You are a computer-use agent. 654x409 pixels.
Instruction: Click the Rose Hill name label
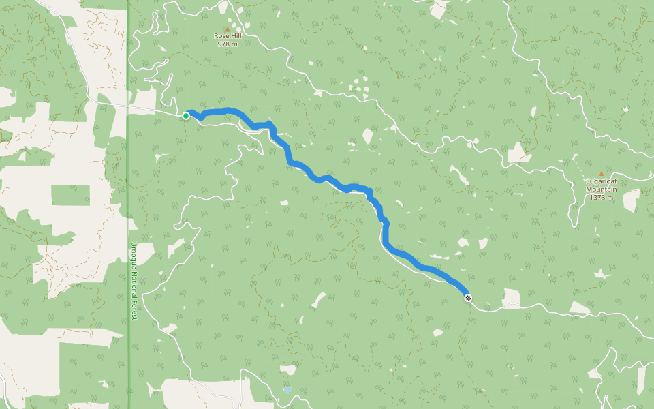tap(227, 36)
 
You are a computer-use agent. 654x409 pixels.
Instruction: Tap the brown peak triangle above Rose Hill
tap(227, 29)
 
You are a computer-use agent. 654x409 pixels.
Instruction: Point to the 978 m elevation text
tap(227, 44)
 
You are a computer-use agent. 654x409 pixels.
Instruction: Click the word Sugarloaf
tap(601, 182)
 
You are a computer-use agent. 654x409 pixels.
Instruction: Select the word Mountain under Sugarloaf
tap(601, 190)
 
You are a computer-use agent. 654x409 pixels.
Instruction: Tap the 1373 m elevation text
tap(601, 198)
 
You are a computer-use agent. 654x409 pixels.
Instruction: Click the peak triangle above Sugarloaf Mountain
tap(601, 174)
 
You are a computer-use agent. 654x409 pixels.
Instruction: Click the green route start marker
tap(186, 116)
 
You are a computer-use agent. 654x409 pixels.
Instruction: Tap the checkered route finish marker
tap(468, 297)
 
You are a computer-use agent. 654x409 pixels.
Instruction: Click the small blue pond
tap(287, 390)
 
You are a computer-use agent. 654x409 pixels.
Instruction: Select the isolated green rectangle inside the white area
tap(70, 194)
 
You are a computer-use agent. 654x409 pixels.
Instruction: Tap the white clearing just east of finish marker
tap(510, 299)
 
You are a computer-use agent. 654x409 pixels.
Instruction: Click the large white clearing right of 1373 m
tap(632, 198)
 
